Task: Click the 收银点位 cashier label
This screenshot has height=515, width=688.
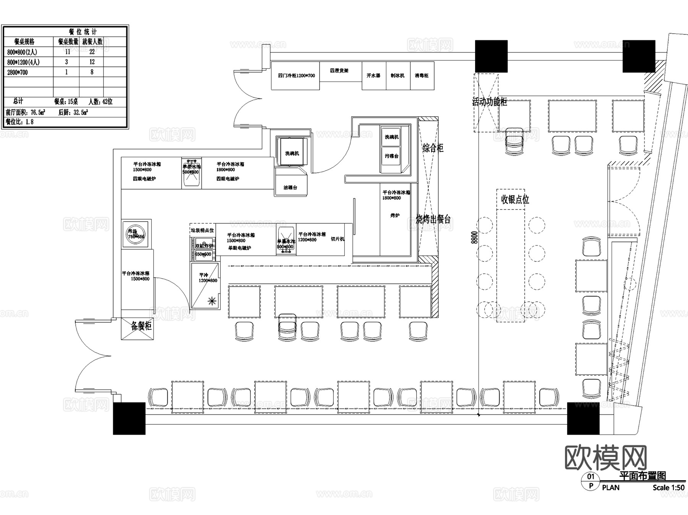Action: pos(515,199)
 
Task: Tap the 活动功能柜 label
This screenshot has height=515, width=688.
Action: pos(489,102)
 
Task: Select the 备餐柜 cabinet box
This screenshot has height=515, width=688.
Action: pos(138,328)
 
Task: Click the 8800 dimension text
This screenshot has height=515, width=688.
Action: pos(474,237)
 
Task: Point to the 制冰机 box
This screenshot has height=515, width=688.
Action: pos(398,76)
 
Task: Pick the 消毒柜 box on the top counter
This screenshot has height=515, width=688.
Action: pos(422,76)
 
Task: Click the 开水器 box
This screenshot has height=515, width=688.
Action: pos(373,76)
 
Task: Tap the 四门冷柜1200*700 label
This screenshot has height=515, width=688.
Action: pos(296,76)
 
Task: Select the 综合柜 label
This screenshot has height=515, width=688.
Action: pos(433,148)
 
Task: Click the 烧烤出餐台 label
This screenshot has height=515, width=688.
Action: pos(433,219)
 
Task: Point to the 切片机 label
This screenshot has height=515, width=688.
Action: pos(338,239)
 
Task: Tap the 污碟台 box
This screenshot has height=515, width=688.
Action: pos(391,156)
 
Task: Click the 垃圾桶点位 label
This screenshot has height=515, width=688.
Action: pos(202,230)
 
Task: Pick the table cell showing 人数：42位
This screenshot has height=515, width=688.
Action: pos(101,102)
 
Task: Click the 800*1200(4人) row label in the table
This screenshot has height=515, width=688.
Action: pos(23,62)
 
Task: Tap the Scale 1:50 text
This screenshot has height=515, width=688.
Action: pos(668,487)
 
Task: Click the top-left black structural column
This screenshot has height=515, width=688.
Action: pos(491,56)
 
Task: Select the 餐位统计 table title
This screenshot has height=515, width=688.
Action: pos(83,32)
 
